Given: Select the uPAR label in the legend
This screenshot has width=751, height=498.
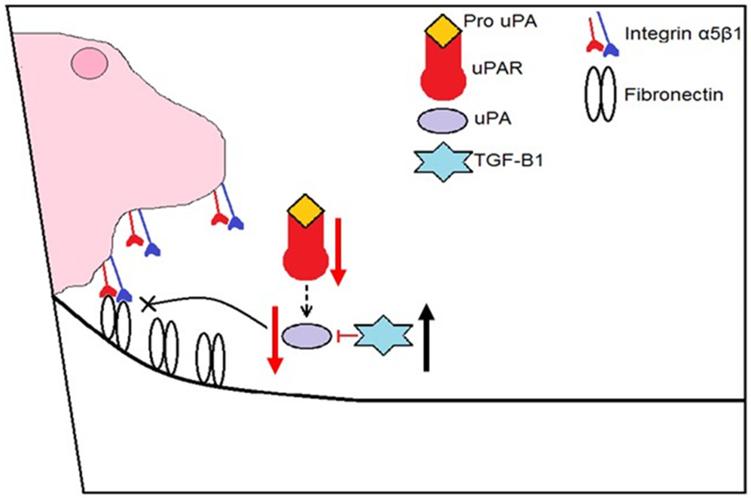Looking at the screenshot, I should point(497,69).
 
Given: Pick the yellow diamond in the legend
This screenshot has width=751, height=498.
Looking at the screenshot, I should point(443,31).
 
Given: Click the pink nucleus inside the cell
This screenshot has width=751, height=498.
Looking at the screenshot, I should point(89,63).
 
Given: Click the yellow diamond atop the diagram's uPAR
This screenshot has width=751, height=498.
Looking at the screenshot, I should point(305,211).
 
